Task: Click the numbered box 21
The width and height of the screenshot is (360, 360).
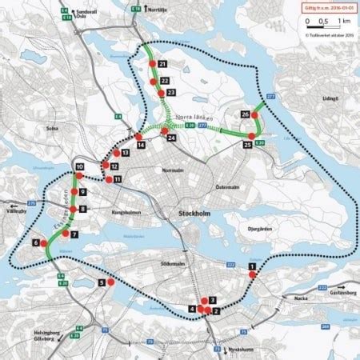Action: point(162,63)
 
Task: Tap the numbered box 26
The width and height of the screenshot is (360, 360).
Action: point(245,114)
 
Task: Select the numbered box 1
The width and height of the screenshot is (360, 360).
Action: point(252,266)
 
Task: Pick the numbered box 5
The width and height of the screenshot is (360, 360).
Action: point(101,282)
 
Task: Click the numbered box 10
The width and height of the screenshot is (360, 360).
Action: point(80,167)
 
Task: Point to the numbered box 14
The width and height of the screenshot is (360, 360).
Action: point(140,146)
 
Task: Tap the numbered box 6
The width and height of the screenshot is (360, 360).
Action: point(36,242)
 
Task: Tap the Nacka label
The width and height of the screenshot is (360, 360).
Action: point(306,296)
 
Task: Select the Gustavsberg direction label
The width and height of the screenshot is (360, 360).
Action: point(338,294)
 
